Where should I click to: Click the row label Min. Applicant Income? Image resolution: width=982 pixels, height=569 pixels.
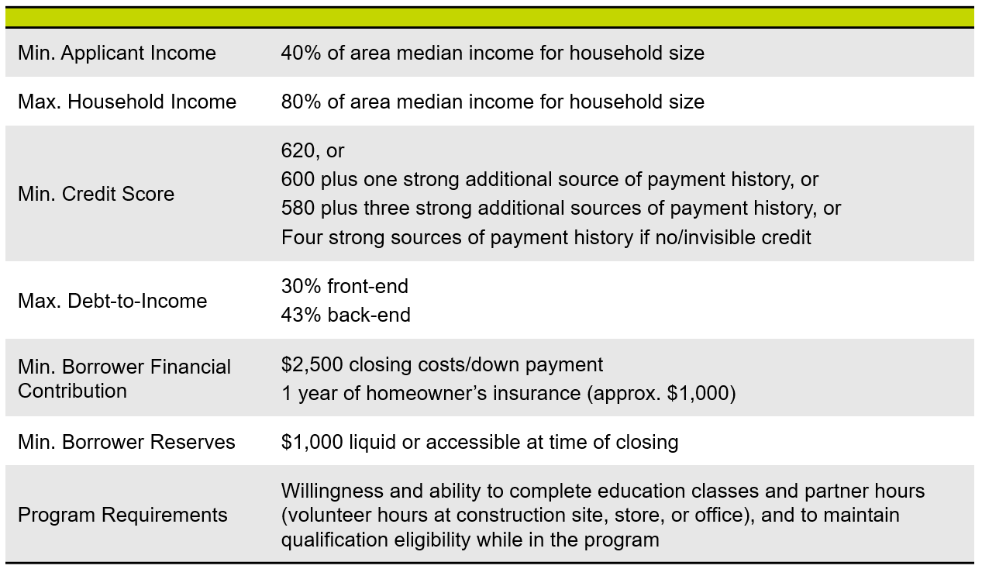(x=117, y=53)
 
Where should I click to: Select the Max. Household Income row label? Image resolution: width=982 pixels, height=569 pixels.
(x=127, y=102)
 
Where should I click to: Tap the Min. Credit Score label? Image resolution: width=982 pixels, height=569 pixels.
(x=96, y=194)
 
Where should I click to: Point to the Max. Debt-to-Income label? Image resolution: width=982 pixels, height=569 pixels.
(x=112, y=301)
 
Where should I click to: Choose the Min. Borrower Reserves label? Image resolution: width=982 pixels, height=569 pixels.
(x=126, y=442)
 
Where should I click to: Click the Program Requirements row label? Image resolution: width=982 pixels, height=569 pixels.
(x=122, y=515)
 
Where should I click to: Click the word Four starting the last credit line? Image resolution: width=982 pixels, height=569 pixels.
(x=301, y=237)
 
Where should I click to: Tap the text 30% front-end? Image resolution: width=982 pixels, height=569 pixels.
(x=344, y=286)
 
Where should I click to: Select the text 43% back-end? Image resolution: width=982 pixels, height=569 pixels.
(x=346, y=315)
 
